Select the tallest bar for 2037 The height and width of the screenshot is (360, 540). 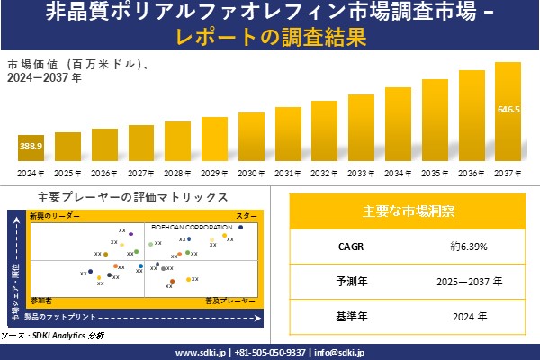508,112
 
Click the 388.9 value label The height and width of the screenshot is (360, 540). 31,145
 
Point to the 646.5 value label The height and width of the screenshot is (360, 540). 508,109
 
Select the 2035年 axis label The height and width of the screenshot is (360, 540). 435,173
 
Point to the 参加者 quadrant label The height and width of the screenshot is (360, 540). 41,298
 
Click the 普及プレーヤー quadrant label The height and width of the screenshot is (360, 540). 231,298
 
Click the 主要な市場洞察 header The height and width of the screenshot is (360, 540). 408,212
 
